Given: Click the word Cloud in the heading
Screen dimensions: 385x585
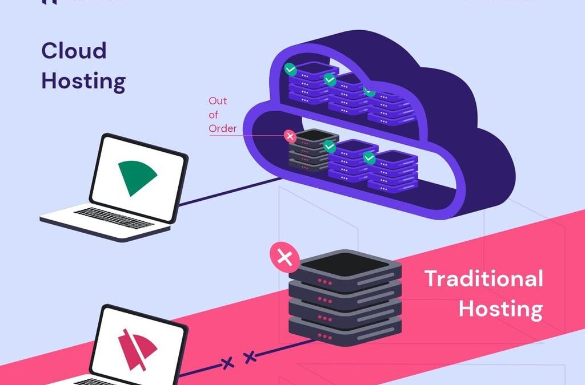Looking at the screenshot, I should point(74,51).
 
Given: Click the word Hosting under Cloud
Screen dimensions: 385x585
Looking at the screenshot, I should point(83,82).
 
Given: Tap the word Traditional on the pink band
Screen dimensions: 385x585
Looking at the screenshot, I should point(483,279).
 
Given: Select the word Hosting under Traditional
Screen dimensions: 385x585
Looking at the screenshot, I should point(500,309).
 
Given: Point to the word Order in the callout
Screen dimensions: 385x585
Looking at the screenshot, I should point(222,128).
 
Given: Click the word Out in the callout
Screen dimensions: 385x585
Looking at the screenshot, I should point(218,101).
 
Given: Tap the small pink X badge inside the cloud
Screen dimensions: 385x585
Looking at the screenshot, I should point(290,136).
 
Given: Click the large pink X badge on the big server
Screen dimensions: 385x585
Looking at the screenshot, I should point(284,258).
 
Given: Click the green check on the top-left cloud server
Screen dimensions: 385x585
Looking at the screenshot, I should point(291,70).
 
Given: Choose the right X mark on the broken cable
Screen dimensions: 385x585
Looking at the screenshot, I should point(249,358).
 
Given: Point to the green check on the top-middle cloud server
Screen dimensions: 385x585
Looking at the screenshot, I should point(330,80).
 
